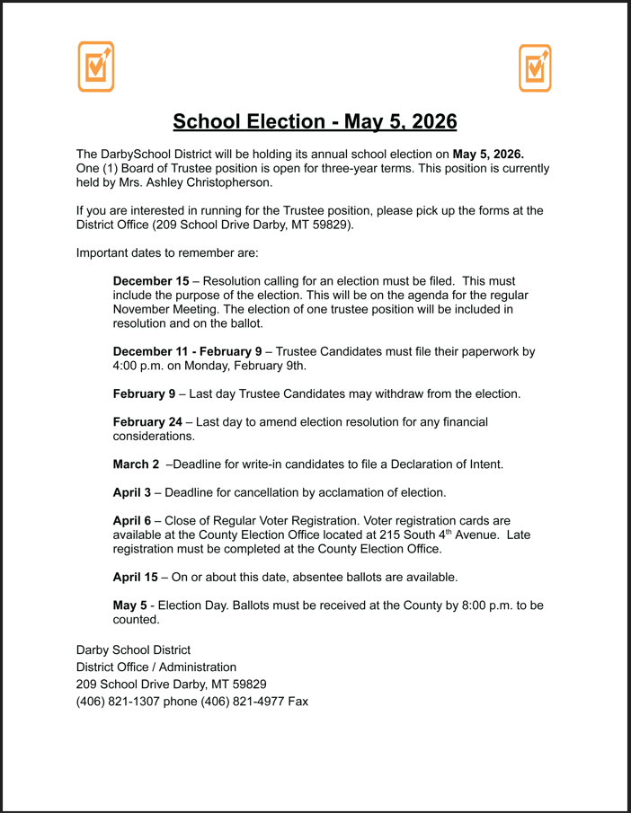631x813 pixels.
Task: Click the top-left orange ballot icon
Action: pos(95,66)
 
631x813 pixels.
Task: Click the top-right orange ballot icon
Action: pos(535,67)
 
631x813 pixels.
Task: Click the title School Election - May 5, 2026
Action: pos(315,121)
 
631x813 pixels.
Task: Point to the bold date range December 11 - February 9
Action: pos(187,351)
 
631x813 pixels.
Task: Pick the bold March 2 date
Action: pos(136,464)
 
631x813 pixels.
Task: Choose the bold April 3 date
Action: pos(132,492)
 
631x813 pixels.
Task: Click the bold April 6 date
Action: pos(132,520)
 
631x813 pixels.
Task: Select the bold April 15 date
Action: pos(135,577)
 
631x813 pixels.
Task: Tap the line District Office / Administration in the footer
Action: pos(156,667)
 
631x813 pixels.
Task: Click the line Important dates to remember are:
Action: pos(166,252)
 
